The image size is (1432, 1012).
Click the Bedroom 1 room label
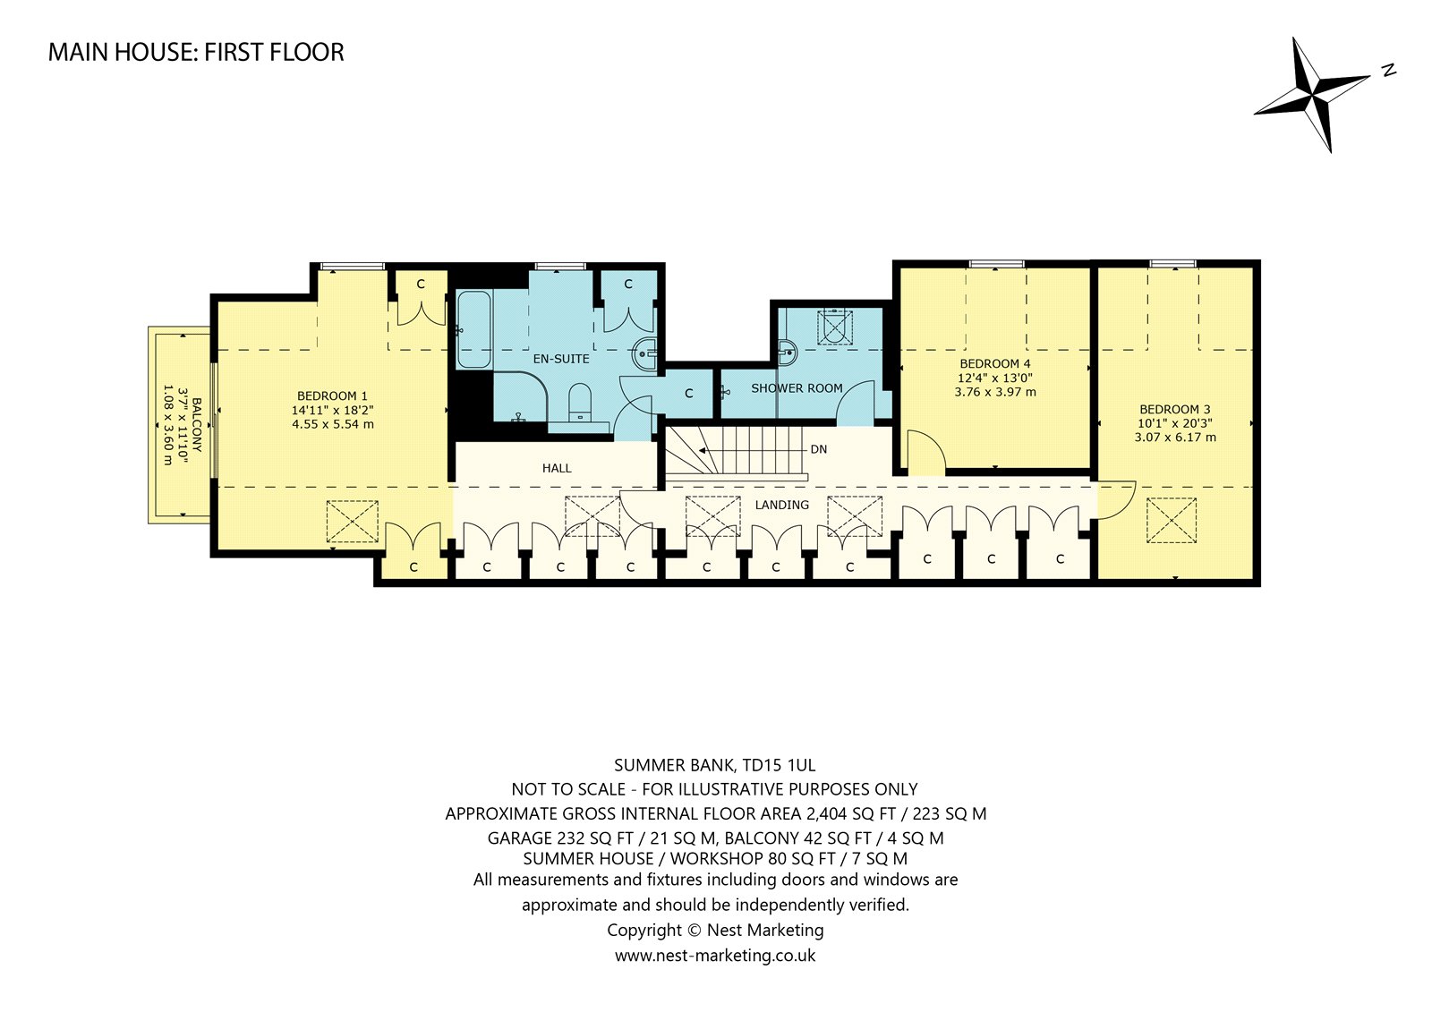332,395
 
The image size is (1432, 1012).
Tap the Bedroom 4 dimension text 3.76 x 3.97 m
995,392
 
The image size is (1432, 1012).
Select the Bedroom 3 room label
1175,409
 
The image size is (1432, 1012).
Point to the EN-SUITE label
561,360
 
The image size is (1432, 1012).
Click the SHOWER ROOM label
797,388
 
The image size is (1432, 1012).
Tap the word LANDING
782,505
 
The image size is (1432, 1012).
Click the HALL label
557,469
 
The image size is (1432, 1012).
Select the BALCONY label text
197,425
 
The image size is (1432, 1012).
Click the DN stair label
819,449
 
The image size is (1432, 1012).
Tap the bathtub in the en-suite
473,330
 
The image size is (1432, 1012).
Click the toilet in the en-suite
581,403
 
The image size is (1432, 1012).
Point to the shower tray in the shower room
835,327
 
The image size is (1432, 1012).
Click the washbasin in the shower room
788,351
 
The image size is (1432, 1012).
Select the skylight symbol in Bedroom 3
1172,521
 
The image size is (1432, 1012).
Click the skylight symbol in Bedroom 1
353,522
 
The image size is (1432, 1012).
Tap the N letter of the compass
1388,71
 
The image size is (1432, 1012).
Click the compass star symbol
1312,95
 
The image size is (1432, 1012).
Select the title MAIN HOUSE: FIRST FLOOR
196,53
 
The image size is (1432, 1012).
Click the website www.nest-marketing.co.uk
715,956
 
